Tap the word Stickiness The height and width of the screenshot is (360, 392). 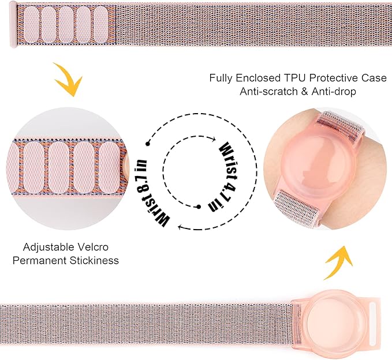[94, 260]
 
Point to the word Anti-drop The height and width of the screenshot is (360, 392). [334, 91]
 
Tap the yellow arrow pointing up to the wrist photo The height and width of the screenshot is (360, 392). [338, 262]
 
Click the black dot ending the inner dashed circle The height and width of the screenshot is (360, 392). [199, 207]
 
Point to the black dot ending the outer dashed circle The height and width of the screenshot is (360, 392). [148, 144]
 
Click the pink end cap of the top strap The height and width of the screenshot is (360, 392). [13, 24]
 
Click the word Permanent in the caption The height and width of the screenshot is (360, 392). [39, 260]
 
